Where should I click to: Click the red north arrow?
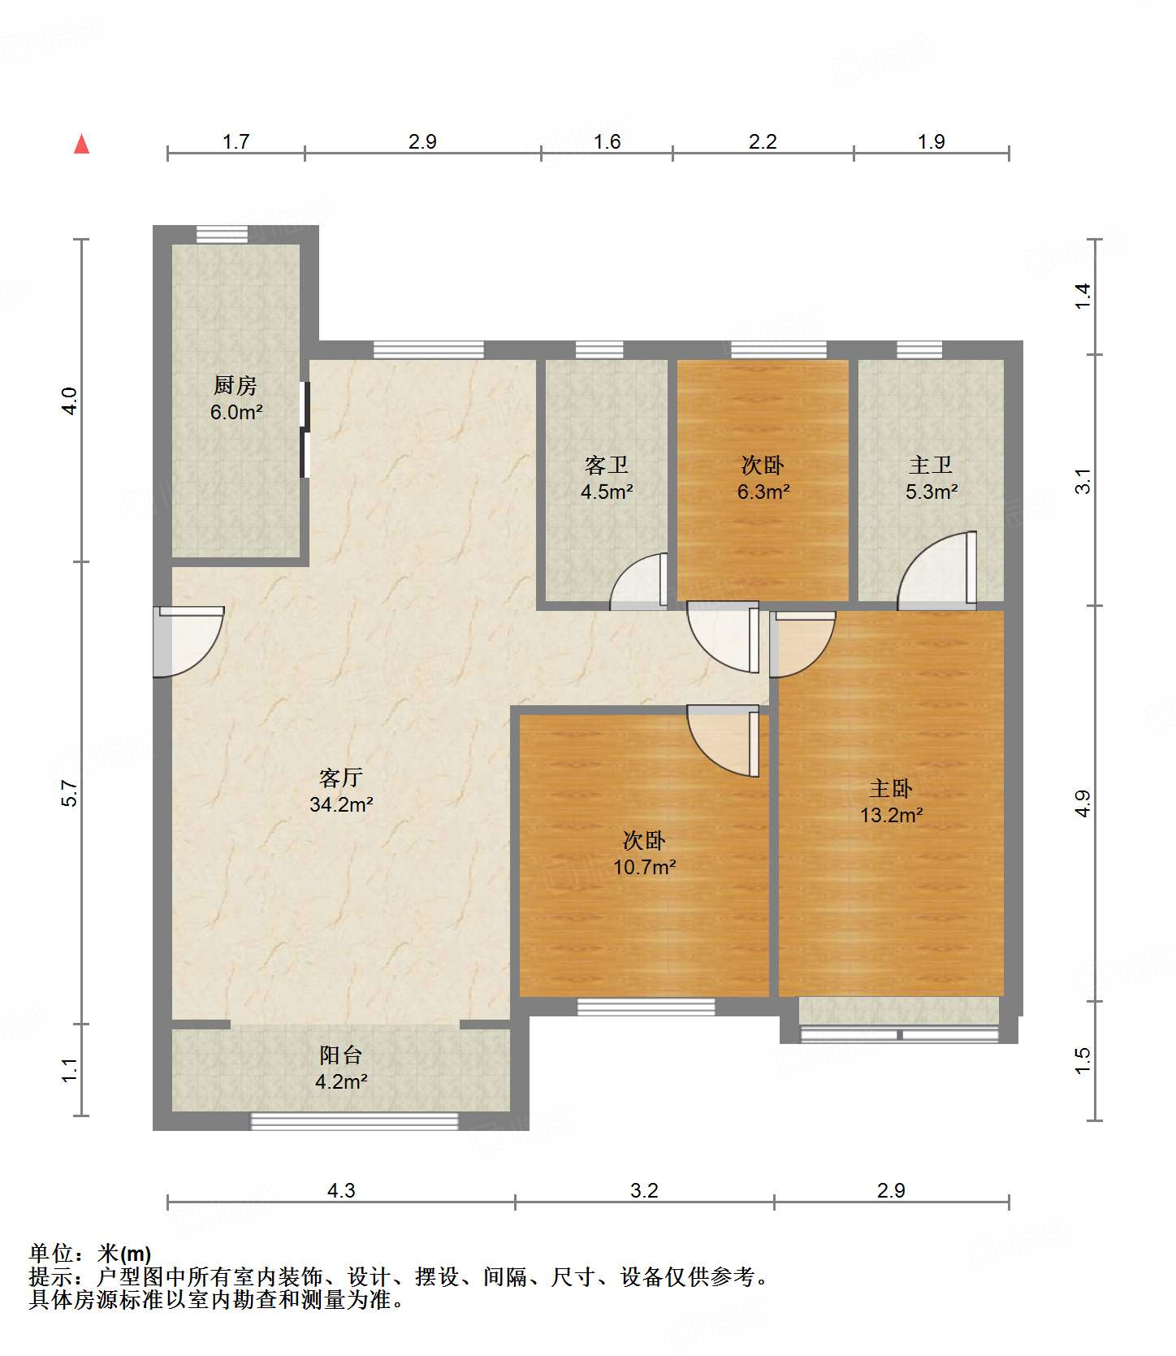pyautogui.click(x=81, y=144)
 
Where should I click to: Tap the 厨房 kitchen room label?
pyautogui.click(x=236, y=384)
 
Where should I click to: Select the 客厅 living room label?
pyautogui.click(x=341, y=778)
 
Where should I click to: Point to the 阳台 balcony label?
pyautogui.click(x=341, y=1055)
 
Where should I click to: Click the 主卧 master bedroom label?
pyautogui.click(x=891, y=788)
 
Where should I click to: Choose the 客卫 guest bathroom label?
pyautogui.click(x=607, y=465)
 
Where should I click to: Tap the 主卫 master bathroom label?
pyautogui.click(x=931, y=465)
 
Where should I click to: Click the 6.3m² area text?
pyautogui.click(x=763, y=492)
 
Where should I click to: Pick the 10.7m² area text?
pyautogui.click(x=645, y=867)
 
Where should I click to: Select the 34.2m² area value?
pyautogui.click(x=341, y=804)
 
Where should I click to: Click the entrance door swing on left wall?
pyautogui.click(x=189, y=641)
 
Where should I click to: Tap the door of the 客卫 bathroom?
pyautogui.click(x=639, y=581)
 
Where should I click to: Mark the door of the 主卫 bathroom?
pyautogui.click(x=936, y=570)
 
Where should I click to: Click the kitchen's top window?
pyautogui.click(x=222, y=234)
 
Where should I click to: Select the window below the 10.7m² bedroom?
pyautogui.click(x=646, y=1007)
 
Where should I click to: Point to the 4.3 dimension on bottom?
pyautogui.click(x=341, y=1190)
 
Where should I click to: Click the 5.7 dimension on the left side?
pyautogui.click(x=70, y=794)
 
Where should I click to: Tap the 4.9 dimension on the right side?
pyautogui.click(x=1083, y=804)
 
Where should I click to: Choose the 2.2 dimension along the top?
pyautogui.click(x=763, y=141)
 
